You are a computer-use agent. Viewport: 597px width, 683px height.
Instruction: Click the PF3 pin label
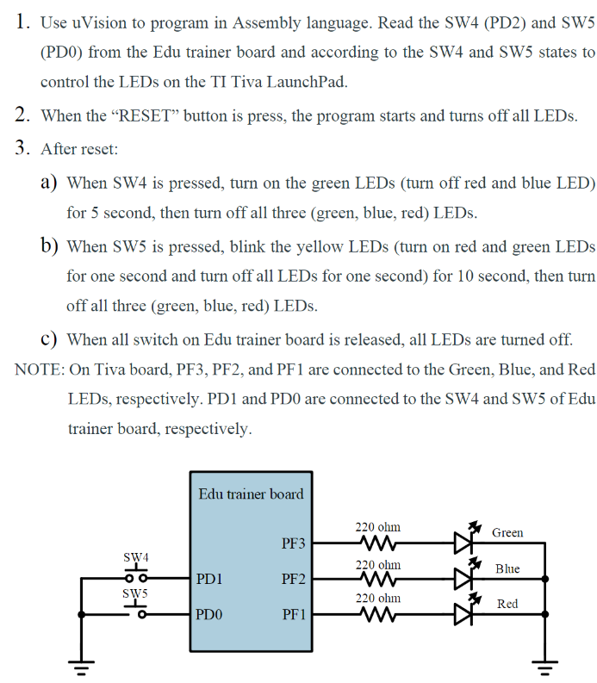(293, 543)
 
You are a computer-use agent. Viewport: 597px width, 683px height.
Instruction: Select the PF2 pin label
(293, 579)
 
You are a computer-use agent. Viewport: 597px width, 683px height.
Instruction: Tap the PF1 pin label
(293, 615)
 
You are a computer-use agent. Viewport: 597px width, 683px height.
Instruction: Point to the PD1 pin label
(209, 579)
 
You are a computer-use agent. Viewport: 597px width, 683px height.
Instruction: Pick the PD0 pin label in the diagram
(209, 615)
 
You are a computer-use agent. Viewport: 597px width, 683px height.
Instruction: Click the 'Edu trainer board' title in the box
(251, 494)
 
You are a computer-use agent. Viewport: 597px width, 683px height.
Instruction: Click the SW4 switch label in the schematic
(136, 557)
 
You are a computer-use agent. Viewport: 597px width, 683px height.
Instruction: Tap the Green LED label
(507, 532)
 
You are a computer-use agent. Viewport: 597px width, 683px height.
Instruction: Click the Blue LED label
(507, 568)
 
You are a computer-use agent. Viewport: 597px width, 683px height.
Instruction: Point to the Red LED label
(507, 604)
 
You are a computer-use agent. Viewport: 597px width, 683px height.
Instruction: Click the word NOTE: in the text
(40, 369)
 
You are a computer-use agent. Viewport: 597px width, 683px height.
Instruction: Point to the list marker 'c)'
(49, 338)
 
